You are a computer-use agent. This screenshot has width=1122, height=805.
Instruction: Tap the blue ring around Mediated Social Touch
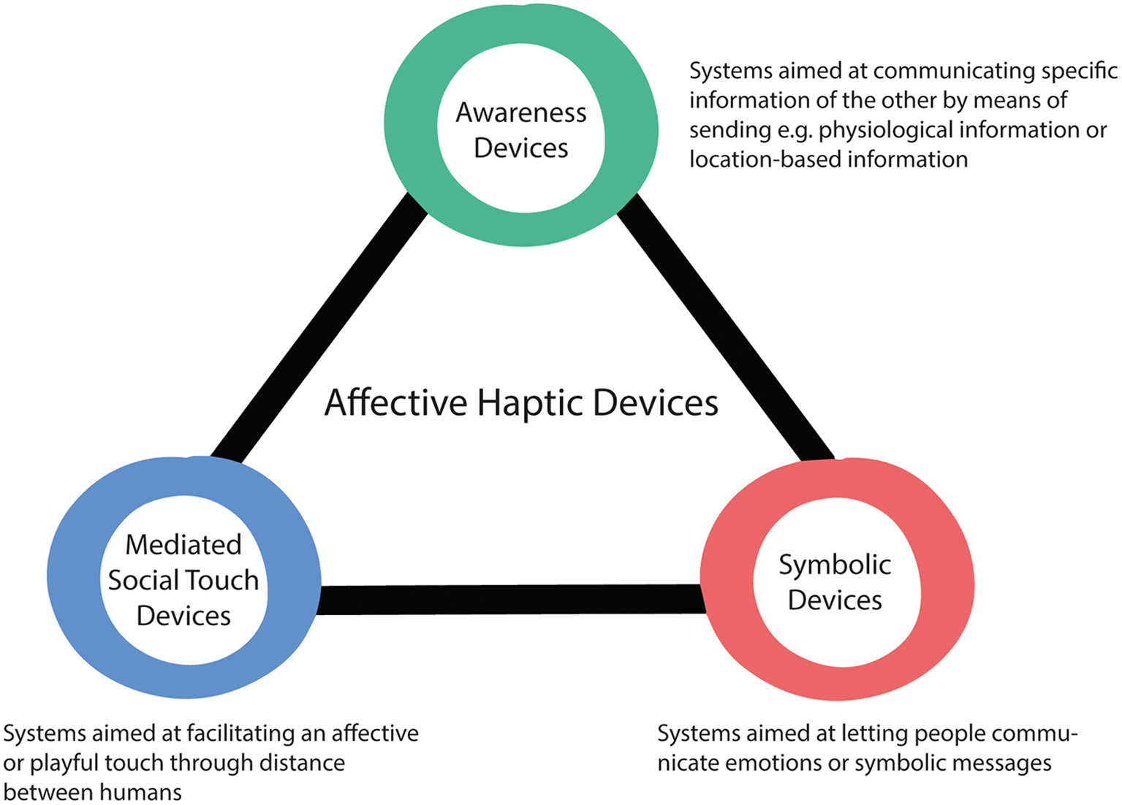pos(73,577)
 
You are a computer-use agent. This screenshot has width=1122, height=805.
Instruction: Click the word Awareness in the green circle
pos(520,112)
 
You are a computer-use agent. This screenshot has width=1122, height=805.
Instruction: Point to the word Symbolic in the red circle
pos(834,565)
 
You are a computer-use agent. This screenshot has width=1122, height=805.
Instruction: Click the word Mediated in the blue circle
pos(183,545)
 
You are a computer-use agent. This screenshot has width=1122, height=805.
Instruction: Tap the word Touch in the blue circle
pos(224,580)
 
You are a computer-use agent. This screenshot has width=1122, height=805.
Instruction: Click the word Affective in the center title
pos(395,402)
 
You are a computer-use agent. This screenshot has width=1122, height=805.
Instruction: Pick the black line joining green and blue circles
pos(318,329)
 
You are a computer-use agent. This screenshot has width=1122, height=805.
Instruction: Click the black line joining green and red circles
pos(724,329)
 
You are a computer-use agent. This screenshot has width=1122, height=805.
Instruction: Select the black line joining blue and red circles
pos(512,599)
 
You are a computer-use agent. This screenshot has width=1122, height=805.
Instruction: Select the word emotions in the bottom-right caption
pos(774,763)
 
